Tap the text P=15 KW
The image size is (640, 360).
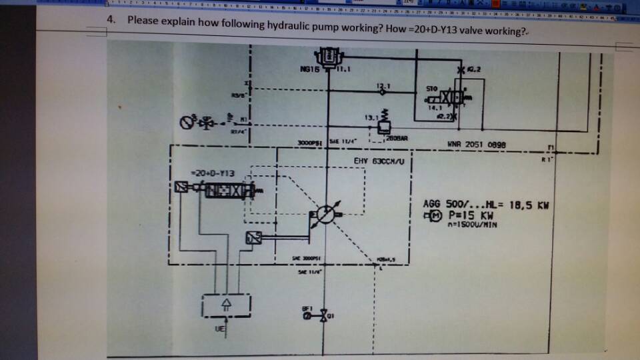(467, 215)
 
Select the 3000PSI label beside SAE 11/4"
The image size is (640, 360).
(311, 142)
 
